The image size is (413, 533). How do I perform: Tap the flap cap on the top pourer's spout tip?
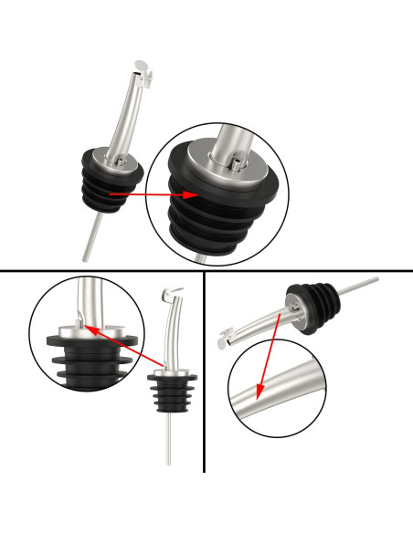139,66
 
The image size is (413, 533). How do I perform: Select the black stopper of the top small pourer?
108,187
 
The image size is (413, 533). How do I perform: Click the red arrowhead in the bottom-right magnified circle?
258,396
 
